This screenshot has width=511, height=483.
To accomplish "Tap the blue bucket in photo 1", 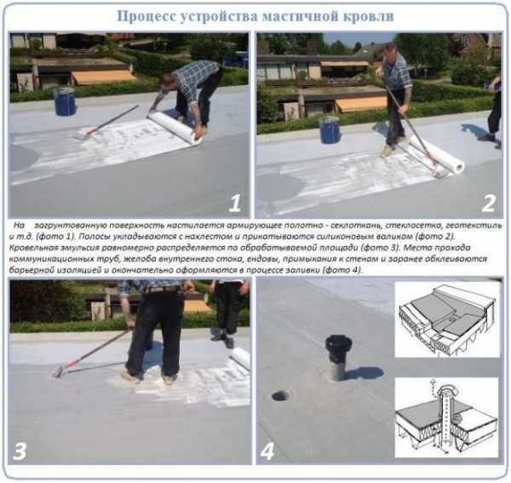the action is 65,101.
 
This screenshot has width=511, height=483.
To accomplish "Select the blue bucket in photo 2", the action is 330,130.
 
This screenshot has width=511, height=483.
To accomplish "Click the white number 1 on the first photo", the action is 235,204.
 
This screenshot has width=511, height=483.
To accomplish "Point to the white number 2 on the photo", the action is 489,204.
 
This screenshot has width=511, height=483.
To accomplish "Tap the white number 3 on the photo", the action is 20,451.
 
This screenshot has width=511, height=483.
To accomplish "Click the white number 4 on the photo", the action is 267,451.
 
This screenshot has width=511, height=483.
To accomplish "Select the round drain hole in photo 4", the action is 280,395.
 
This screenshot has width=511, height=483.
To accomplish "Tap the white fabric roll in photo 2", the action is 438,153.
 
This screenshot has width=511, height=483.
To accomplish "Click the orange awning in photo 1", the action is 103,78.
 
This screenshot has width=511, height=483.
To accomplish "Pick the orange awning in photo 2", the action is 361,104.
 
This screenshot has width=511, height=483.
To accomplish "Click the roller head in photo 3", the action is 58,371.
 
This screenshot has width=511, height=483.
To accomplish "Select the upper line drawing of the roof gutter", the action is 447,319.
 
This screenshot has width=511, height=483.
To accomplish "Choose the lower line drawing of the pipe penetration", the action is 447,417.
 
